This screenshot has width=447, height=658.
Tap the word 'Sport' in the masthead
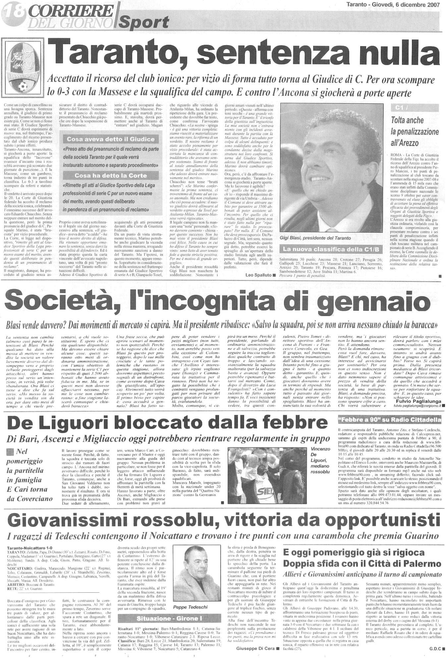pyautogui.click(x=144, y=23)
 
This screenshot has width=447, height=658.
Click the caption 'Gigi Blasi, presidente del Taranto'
pyautogui.click(x=315, y=238)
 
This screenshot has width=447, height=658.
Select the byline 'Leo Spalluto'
pyautogui.click(x=259, y=275)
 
